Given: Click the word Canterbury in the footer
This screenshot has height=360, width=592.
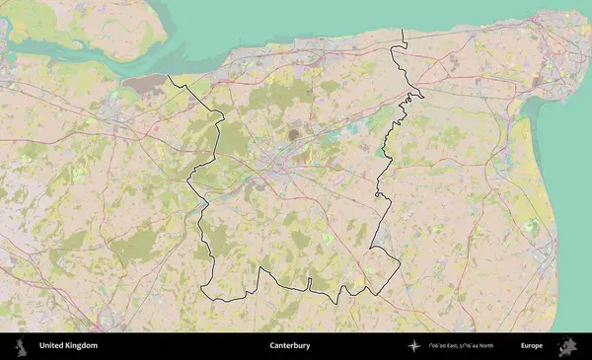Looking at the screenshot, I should click(x=290, y=346).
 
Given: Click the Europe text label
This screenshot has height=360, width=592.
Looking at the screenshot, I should click(x=532, y=346).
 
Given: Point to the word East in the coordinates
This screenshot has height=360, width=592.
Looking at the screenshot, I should click(x=452, y=346).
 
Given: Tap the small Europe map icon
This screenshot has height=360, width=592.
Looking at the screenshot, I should click(x=568, y=346).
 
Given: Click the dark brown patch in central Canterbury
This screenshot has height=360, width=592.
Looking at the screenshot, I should click(x=293, y=133).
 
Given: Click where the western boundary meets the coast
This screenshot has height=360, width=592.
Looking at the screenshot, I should click(x=169, y=76).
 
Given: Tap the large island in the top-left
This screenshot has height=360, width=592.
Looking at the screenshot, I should click(x=79, y=25).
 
